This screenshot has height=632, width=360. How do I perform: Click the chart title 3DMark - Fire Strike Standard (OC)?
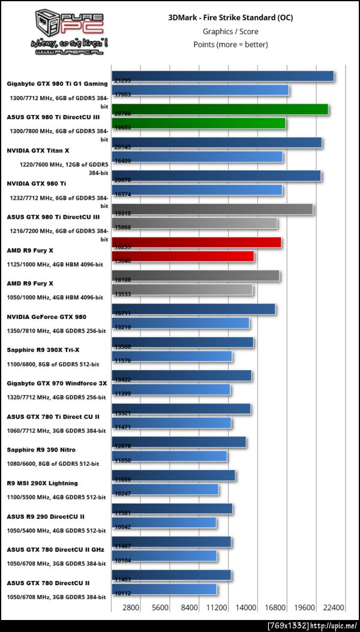230,17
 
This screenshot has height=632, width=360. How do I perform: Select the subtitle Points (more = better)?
230,44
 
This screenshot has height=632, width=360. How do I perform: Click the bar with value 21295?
223,76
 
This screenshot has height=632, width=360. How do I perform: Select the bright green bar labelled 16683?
199,123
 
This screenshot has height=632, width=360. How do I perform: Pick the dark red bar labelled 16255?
196,242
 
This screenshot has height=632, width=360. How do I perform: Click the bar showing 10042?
164,523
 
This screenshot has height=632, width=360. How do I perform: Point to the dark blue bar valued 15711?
193,309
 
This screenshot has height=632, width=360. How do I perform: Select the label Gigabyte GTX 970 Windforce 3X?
57,383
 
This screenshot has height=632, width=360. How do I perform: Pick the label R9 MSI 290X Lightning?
43,483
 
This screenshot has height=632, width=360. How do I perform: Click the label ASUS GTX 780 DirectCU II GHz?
56,549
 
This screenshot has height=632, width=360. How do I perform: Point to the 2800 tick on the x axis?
131,607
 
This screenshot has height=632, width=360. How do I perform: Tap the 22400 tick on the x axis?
333,607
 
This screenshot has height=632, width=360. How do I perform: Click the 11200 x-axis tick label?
217,607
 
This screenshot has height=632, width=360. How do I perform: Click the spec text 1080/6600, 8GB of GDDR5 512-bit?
53,464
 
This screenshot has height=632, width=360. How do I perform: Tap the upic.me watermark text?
313,625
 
